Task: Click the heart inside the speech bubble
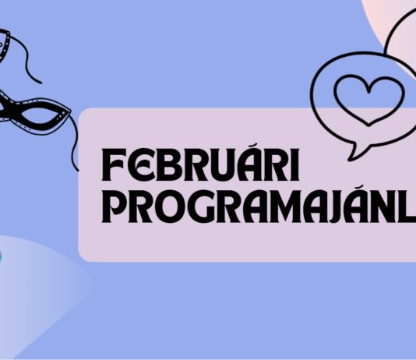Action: point(362,99)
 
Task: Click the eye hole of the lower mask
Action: point(34,118)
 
